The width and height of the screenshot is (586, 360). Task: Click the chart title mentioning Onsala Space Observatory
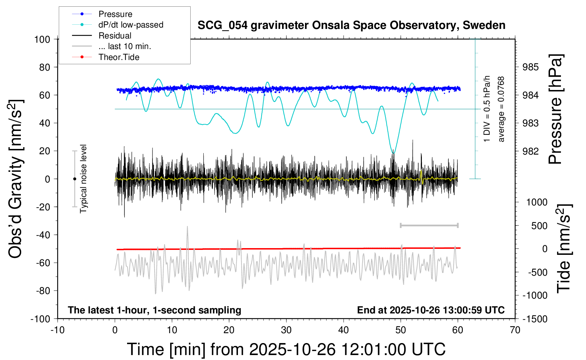(351, 25)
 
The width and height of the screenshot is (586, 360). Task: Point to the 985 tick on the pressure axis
(531, 67)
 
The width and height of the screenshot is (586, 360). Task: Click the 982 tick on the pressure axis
(531, 151)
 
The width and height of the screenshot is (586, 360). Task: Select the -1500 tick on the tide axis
(535, 319)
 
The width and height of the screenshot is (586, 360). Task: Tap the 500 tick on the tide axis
(539, 226)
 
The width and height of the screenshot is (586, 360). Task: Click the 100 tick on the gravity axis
(42, 39)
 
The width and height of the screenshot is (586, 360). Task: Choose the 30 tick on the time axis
(286, 330)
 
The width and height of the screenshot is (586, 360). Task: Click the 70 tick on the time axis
(515, 330)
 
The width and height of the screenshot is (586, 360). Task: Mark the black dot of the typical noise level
(74, 179)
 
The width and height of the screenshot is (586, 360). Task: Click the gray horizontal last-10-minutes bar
(429, 226)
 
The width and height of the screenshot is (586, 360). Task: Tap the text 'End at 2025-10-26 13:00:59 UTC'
(431, 310)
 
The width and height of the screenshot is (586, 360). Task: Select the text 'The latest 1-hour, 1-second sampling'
(155, 310)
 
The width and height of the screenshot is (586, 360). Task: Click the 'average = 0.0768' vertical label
(501, 109)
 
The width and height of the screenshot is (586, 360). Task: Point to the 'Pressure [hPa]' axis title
(555, 109)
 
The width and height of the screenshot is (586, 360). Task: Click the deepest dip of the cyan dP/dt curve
(393, 153)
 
